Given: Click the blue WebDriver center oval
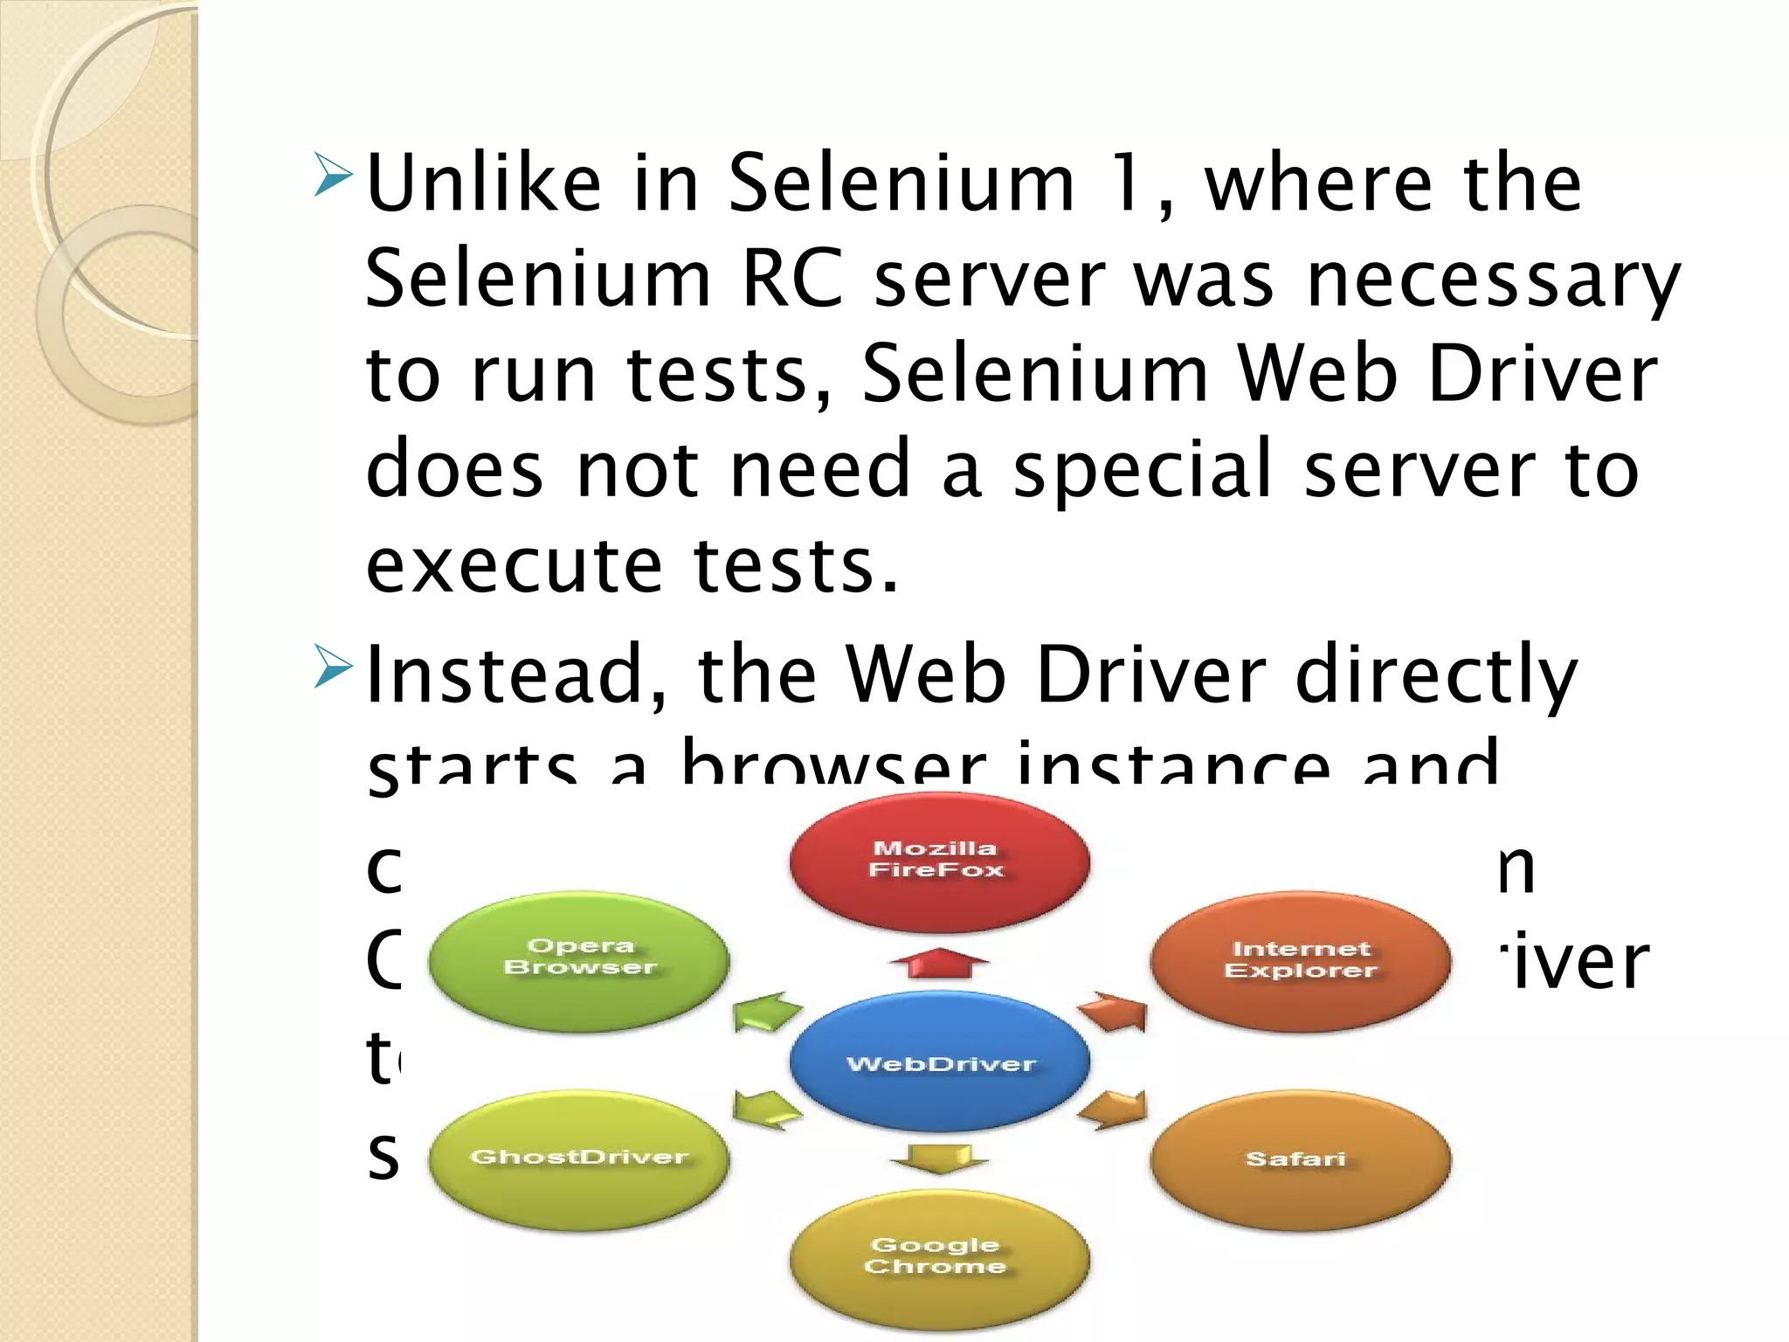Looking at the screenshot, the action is (940, 1062).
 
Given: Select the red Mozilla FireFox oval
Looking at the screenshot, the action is (939, 860).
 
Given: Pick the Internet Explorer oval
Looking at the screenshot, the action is (1300, 961).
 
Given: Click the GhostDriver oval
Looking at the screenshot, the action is (579, 1159).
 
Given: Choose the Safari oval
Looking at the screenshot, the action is (1300, 1159).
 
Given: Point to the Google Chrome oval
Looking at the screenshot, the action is (939, 1258).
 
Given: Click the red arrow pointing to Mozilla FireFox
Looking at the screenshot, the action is (939, 963).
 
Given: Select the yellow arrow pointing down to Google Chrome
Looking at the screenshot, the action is (939, 1159).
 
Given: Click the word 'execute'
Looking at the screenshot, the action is (514, 565).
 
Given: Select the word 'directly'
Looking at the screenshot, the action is (1436, 675).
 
